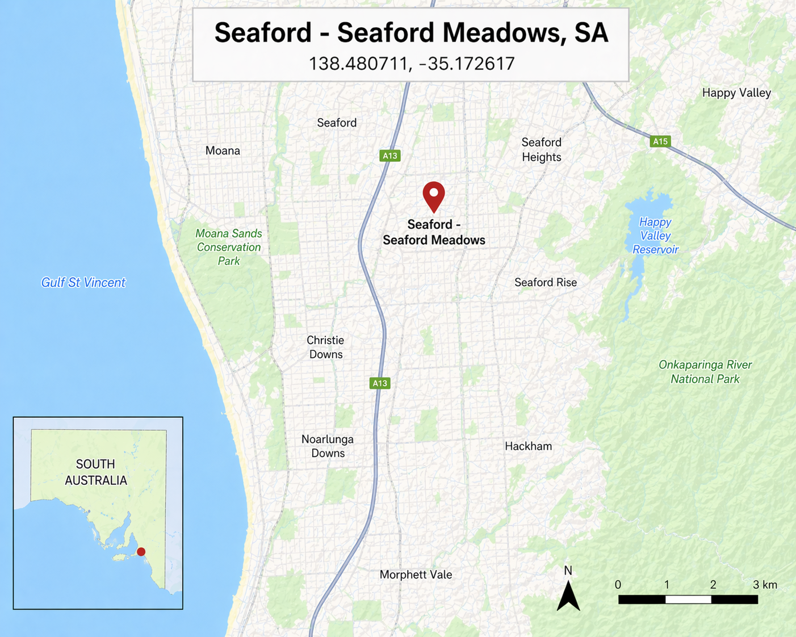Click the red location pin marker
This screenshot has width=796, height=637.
434,195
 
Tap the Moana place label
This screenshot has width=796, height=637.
223,150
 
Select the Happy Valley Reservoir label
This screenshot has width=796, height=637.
655,236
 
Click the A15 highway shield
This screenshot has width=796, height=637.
660,141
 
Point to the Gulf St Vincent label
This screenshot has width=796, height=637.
83,282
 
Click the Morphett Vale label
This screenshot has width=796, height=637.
416,575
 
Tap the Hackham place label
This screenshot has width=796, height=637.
528,446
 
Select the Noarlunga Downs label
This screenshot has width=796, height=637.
328,446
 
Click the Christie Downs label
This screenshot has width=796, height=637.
325,347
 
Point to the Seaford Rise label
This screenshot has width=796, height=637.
545,282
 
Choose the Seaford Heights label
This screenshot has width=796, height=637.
541,150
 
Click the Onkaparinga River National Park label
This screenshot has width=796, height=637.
705,372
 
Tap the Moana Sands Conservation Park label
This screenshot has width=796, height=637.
229,247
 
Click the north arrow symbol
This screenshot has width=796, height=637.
568,596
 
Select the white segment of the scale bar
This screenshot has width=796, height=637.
688,600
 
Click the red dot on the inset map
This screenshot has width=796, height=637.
141,552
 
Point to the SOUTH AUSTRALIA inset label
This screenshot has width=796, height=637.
95,472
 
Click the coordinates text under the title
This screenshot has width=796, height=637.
411,64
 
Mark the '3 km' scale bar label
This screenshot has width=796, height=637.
765,585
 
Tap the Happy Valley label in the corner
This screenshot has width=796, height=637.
736,93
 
